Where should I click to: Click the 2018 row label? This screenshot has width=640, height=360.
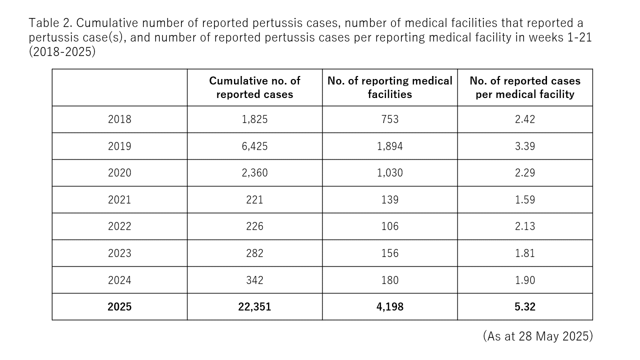pyautogui.click(x=119, y=119)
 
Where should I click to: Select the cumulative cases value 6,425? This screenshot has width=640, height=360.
pyautogui.click(x=254, y=146)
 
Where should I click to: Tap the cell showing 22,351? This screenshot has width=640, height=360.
pyautogui.click(x=254, y=307)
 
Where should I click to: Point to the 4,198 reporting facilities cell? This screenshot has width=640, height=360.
pyautogui.click(x=389, y=307)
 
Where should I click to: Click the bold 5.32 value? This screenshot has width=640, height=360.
pyautogui.click(x=524, y=307)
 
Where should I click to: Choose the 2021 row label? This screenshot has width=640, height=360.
pyautogui.click(x=119, y=200)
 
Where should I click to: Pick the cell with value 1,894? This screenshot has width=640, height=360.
pyautogui.click(x=389, y=146)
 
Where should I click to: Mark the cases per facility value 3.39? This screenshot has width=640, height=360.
pyautogui.click(x=524, y=146)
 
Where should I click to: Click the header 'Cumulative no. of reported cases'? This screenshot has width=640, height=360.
pyautogui.click(x=254, y=87)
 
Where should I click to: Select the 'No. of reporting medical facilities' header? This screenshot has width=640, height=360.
pyautogui.click(x=389, y=87)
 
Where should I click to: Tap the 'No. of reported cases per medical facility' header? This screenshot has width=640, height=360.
pyautogui.click(x=524, y=87)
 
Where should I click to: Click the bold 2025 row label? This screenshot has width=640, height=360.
pyautogui.click(x=119, y=307)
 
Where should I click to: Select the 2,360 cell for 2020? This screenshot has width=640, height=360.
pyautogui.click(x=254, y=173)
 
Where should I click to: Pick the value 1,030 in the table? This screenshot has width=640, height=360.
pyautogui.click(x=389, y=173)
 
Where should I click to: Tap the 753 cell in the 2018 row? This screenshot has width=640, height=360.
pyautogui.click(x=389, y=119)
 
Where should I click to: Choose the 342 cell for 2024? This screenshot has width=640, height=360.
pyautogui.click(x=254, y=280)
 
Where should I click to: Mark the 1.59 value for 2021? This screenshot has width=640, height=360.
pyautogui.click(x=524, y=200)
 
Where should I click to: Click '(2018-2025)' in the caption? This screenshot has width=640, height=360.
pyautogui.click(x=62, y=51)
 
